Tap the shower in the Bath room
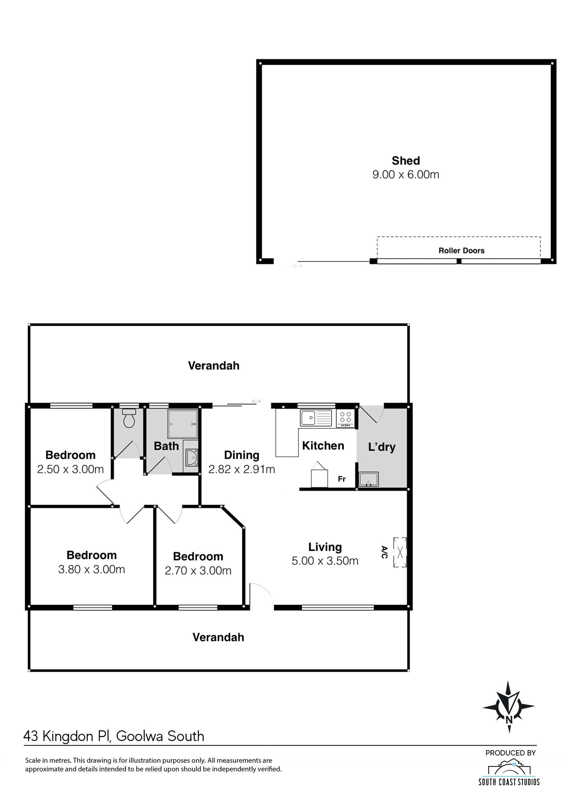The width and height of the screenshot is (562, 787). point(183,424)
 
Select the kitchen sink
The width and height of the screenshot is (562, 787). point(316,417)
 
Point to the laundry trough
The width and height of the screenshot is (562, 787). point(368,479)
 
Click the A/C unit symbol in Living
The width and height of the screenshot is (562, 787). point(400,552)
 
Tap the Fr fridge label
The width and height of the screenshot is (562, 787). point(341,479)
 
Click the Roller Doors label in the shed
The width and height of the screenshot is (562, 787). point(461,251)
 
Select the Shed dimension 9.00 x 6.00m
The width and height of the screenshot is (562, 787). point(406,174)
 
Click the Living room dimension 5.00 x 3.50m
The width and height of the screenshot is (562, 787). point(325,561)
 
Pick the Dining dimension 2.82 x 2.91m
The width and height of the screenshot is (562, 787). point(242,469)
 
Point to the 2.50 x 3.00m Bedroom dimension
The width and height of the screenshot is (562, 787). point(70,469)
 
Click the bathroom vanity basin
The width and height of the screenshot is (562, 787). point(191,457)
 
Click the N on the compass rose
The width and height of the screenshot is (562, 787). point(509,720)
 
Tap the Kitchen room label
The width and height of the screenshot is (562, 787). point(323,446)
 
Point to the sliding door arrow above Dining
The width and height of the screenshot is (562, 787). point(256,401)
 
